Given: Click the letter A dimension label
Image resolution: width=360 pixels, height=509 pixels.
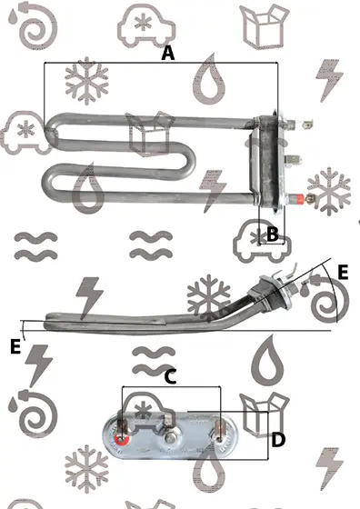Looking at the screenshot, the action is (168, 54).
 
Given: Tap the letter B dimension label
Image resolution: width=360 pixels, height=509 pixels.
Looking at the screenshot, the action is (273, 234).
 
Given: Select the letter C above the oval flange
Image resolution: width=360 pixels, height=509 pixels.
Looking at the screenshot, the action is (170, 376).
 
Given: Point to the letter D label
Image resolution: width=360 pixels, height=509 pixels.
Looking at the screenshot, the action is (278, 440).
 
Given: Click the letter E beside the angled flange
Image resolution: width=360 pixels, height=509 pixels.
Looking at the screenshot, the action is (343, 272).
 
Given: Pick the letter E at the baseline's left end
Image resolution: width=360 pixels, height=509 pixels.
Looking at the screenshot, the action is (15, 346).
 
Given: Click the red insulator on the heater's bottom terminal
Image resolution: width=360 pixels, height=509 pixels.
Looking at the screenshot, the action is (298, 198).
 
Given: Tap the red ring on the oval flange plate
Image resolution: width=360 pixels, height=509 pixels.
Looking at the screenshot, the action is (122, 439).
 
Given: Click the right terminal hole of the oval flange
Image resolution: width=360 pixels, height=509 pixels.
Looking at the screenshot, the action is (219, 439).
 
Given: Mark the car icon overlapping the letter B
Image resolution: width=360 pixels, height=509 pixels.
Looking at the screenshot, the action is (262, 241).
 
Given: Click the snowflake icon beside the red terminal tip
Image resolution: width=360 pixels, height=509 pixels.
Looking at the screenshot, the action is (329, 191).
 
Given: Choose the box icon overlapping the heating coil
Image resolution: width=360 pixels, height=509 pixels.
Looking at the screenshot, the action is (151, 133).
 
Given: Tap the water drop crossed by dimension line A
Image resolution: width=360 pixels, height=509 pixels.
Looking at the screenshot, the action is (209, 80).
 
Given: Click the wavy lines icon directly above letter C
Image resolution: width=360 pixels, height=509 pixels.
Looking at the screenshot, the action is (154, 361).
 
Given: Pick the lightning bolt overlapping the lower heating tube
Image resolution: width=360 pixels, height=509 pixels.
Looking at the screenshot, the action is (213, 191).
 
